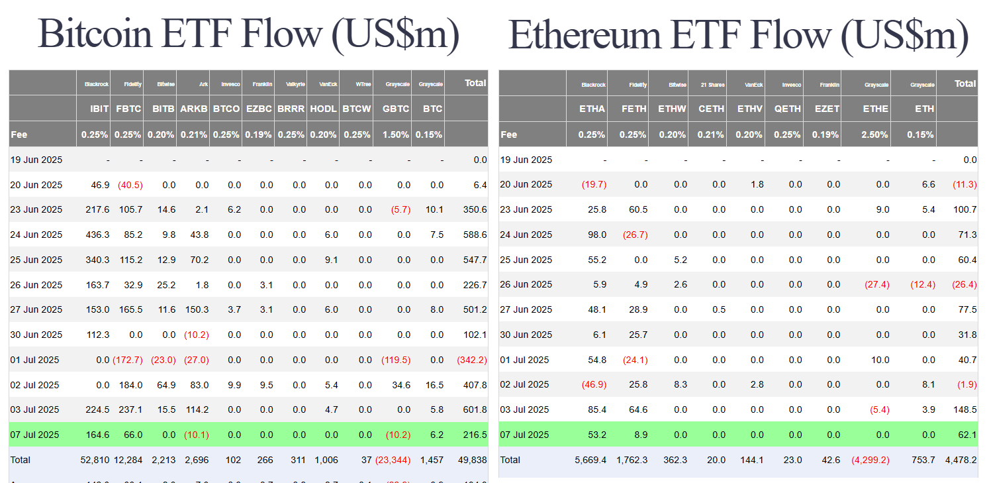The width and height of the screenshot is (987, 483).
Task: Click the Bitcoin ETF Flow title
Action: pyautogui.click(x=248, y=34)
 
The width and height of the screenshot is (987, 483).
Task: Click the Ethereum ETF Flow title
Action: pyautogui.click(x=738, y=34)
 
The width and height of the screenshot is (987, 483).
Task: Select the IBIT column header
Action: pyautogui.click(x=99, y=109)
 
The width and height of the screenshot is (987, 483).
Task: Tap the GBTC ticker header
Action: pyautogui.click(x=396, y=109)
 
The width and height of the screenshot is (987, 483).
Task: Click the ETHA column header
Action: pyautogui.click(x=592, y=109)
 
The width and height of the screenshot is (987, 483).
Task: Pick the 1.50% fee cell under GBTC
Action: pyautogui.click(x=396, y=134)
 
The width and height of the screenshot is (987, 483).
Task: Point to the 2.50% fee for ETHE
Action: pyautogui.click(x=874, y=134)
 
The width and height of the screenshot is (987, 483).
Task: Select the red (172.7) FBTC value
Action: pyautogui.click(x=128, y=360)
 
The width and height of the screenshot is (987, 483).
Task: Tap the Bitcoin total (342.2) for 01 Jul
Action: pyautogui.click(x=471, y=360)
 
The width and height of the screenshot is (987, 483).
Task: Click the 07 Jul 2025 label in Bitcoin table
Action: pyautogui.click(x=36, y=435)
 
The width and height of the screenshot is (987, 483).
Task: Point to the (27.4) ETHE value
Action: pyautogui.click(x=876, y=284)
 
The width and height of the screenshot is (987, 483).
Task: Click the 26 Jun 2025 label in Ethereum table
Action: pyautogui.click(x=526, y=284)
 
